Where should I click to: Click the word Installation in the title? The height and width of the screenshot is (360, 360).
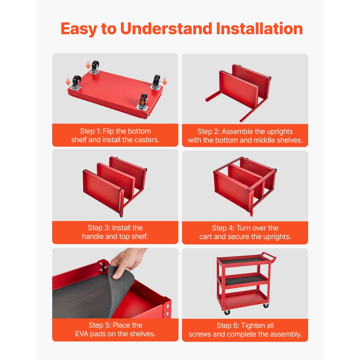[x=259, y=28]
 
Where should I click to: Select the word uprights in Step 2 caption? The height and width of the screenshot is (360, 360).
[x=279, y=131]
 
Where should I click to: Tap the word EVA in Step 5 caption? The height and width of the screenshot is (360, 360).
[x=82, y=334]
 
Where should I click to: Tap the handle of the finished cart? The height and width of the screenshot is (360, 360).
[x=269, y=257]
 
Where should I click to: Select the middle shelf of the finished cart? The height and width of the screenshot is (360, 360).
[x=243, y=280]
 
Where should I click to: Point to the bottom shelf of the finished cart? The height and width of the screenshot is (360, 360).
[x=243, y=300]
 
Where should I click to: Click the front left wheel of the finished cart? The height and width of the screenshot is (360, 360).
[x=227, y=312]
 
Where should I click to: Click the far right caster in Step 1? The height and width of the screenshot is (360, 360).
[x=156, y=82]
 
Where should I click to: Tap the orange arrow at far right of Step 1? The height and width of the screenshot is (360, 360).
[x=165, y=81]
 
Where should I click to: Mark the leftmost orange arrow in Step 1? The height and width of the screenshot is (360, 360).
[x=68, y=81]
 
